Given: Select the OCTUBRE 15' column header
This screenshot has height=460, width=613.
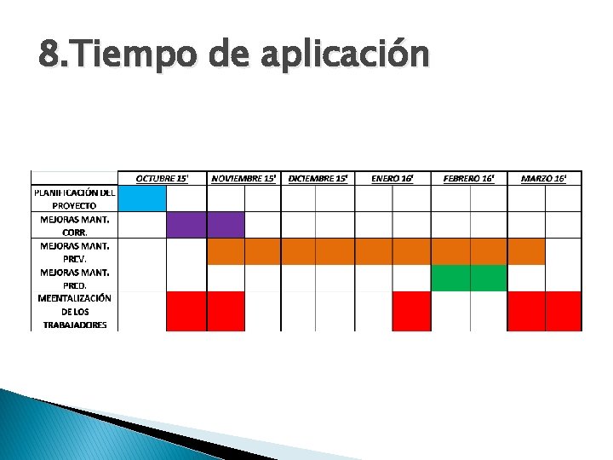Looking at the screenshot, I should point(162,178).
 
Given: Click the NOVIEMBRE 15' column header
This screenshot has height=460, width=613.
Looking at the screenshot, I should point(243,178).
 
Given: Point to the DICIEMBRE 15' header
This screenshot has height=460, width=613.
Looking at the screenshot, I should point(318,178).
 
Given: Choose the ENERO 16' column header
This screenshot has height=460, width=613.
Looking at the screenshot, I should point(392,178).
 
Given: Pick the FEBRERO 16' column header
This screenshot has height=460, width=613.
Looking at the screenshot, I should point(468,178).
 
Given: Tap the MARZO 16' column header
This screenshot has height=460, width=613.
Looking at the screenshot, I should point(544,178).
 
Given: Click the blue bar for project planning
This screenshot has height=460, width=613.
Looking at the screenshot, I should point(142,198).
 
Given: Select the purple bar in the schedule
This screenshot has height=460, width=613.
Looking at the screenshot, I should point(205,225).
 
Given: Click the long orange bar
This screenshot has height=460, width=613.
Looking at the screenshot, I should point(375,251).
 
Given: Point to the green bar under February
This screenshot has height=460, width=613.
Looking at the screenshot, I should point(469,278).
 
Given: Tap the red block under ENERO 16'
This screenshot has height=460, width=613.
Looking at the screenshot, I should point(411,311).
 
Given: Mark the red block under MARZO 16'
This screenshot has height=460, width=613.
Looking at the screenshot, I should point(544,311).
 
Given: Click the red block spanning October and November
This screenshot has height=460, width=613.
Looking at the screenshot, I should point(205,311).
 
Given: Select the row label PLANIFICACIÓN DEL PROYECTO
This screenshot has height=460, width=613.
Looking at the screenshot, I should point(74,198).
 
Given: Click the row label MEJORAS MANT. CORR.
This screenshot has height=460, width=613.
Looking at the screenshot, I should point(74,225).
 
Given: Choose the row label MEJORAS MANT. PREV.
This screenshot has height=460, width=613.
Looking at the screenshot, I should point(74,251).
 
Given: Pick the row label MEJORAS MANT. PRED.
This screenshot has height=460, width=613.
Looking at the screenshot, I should point(74,279).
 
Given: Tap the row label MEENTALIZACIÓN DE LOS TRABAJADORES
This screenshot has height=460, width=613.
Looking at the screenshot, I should point(74,312).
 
